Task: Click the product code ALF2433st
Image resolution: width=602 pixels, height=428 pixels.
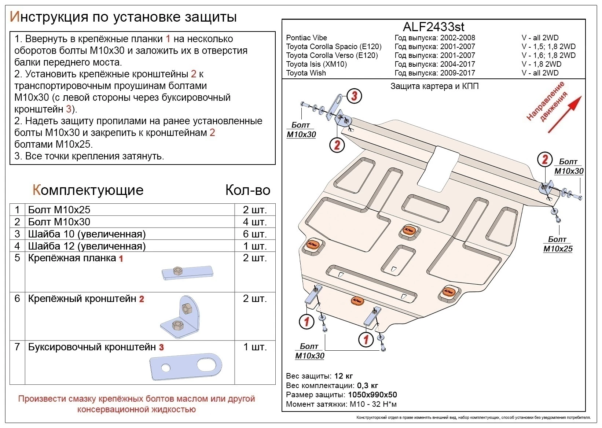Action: (x=433, y=27)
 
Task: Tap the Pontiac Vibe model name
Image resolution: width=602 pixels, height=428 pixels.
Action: (x=306, y=38)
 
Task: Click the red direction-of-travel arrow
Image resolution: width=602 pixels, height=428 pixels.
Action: (x=565, y=114)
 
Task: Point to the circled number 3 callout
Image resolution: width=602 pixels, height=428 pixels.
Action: (x=354, y=96)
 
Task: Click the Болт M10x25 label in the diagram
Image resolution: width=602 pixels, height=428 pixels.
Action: (x=558, y=244)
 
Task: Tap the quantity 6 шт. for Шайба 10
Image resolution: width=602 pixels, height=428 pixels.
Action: (x=254, y=234)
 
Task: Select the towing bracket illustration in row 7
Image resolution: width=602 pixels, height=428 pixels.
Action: (x=186, y=366)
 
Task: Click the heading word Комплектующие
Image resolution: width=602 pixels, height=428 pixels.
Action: (x=88, y=190)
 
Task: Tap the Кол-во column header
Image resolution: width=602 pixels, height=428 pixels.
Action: (x=247, y=190)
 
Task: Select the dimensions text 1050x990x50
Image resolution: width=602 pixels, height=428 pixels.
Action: (x=372, y=395)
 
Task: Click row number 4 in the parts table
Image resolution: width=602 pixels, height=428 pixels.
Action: (x=17, y=246)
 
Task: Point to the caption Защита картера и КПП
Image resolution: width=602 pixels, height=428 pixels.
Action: (x=434, y=86)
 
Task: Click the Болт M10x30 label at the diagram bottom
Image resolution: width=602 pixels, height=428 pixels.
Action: (x=310, y=351)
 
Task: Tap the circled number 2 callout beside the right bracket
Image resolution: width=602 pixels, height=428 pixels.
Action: (x=545, y=159)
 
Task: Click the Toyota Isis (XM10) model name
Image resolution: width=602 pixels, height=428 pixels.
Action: (x=316, y=64)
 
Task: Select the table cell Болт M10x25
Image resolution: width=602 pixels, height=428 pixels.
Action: (x=59, y=210)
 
